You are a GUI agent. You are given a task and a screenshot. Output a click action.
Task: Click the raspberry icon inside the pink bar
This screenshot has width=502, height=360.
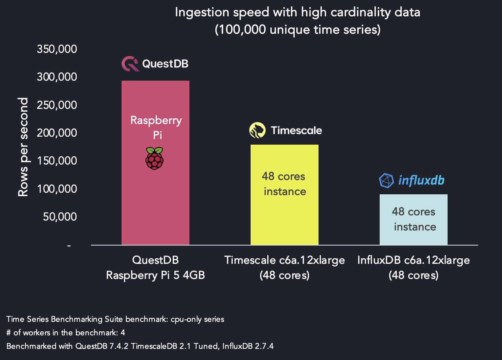154,158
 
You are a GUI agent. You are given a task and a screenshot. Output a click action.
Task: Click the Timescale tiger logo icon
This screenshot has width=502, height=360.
257,130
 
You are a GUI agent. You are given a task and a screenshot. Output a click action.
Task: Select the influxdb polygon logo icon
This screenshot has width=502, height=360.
386,181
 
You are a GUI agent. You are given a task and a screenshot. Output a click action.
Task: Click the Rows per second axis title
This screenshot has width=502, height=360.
23,147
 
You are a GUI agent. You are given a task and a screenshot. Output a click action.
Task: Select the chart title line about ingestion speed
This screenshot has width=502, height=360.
297,12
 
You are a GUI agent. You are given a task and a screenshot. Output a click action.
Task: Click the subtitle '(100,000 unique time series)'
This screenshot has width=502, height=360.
297,30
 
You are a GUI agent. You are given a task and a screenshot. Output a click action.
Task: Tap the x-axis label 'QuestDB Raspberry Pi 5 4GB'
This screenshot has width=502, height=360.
155,267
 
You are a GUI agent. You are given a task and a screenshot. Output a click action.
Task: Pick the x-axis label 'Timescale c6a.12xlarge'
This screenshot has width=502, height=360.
284,260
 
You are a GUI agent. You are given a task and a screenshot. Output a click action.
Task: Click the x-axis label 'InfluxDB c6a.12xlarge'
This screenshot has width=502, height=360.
413,260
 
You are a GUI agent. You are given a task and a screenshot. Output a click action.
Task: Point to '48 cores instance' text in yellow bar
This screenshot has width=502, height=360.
284,184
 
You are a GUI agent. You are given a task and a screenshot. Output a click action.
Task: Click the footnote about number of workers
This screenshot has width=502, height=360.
66,332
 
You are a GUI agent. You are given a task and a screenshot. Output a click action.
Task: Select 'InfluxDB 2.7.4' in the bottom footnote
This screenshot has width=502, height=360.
242,346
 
